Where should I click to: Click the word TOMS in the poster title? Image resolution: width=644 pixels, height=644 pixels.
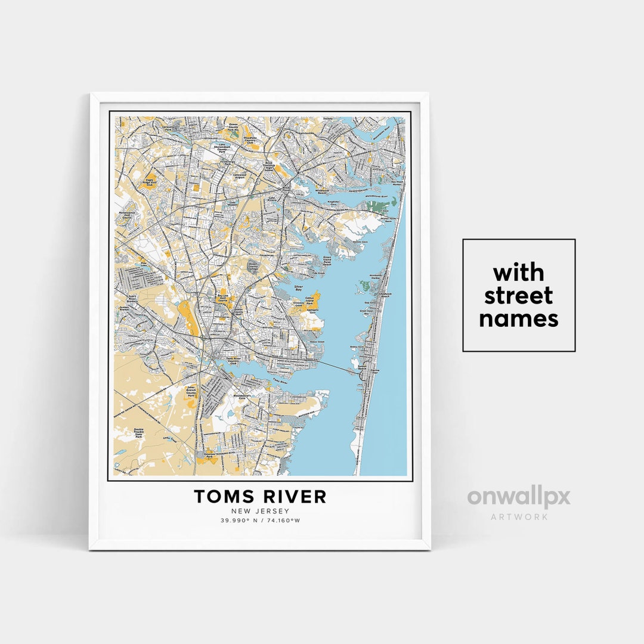(221, 496)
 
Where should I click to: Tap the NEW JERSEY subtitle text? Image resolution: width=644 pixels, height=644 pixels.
(260, 511)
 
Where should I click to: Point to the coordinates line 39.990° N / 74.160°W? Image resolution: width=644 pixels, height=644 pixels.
(260, 521)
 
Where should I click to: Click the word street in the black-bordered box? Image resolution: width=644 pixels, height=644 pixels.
(518, 296)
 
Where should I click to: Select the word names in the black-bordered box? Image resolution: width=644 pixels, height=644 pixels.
(518, 319)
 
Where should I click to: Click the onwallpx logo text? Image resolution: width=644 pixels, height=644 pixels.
(518, 497)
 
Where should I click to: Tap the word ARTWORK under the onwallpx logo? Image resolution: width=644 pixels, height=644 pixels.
(519, 516)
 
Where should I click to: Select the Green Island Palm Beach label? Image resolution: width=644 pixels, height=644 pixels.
(331, 261)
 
